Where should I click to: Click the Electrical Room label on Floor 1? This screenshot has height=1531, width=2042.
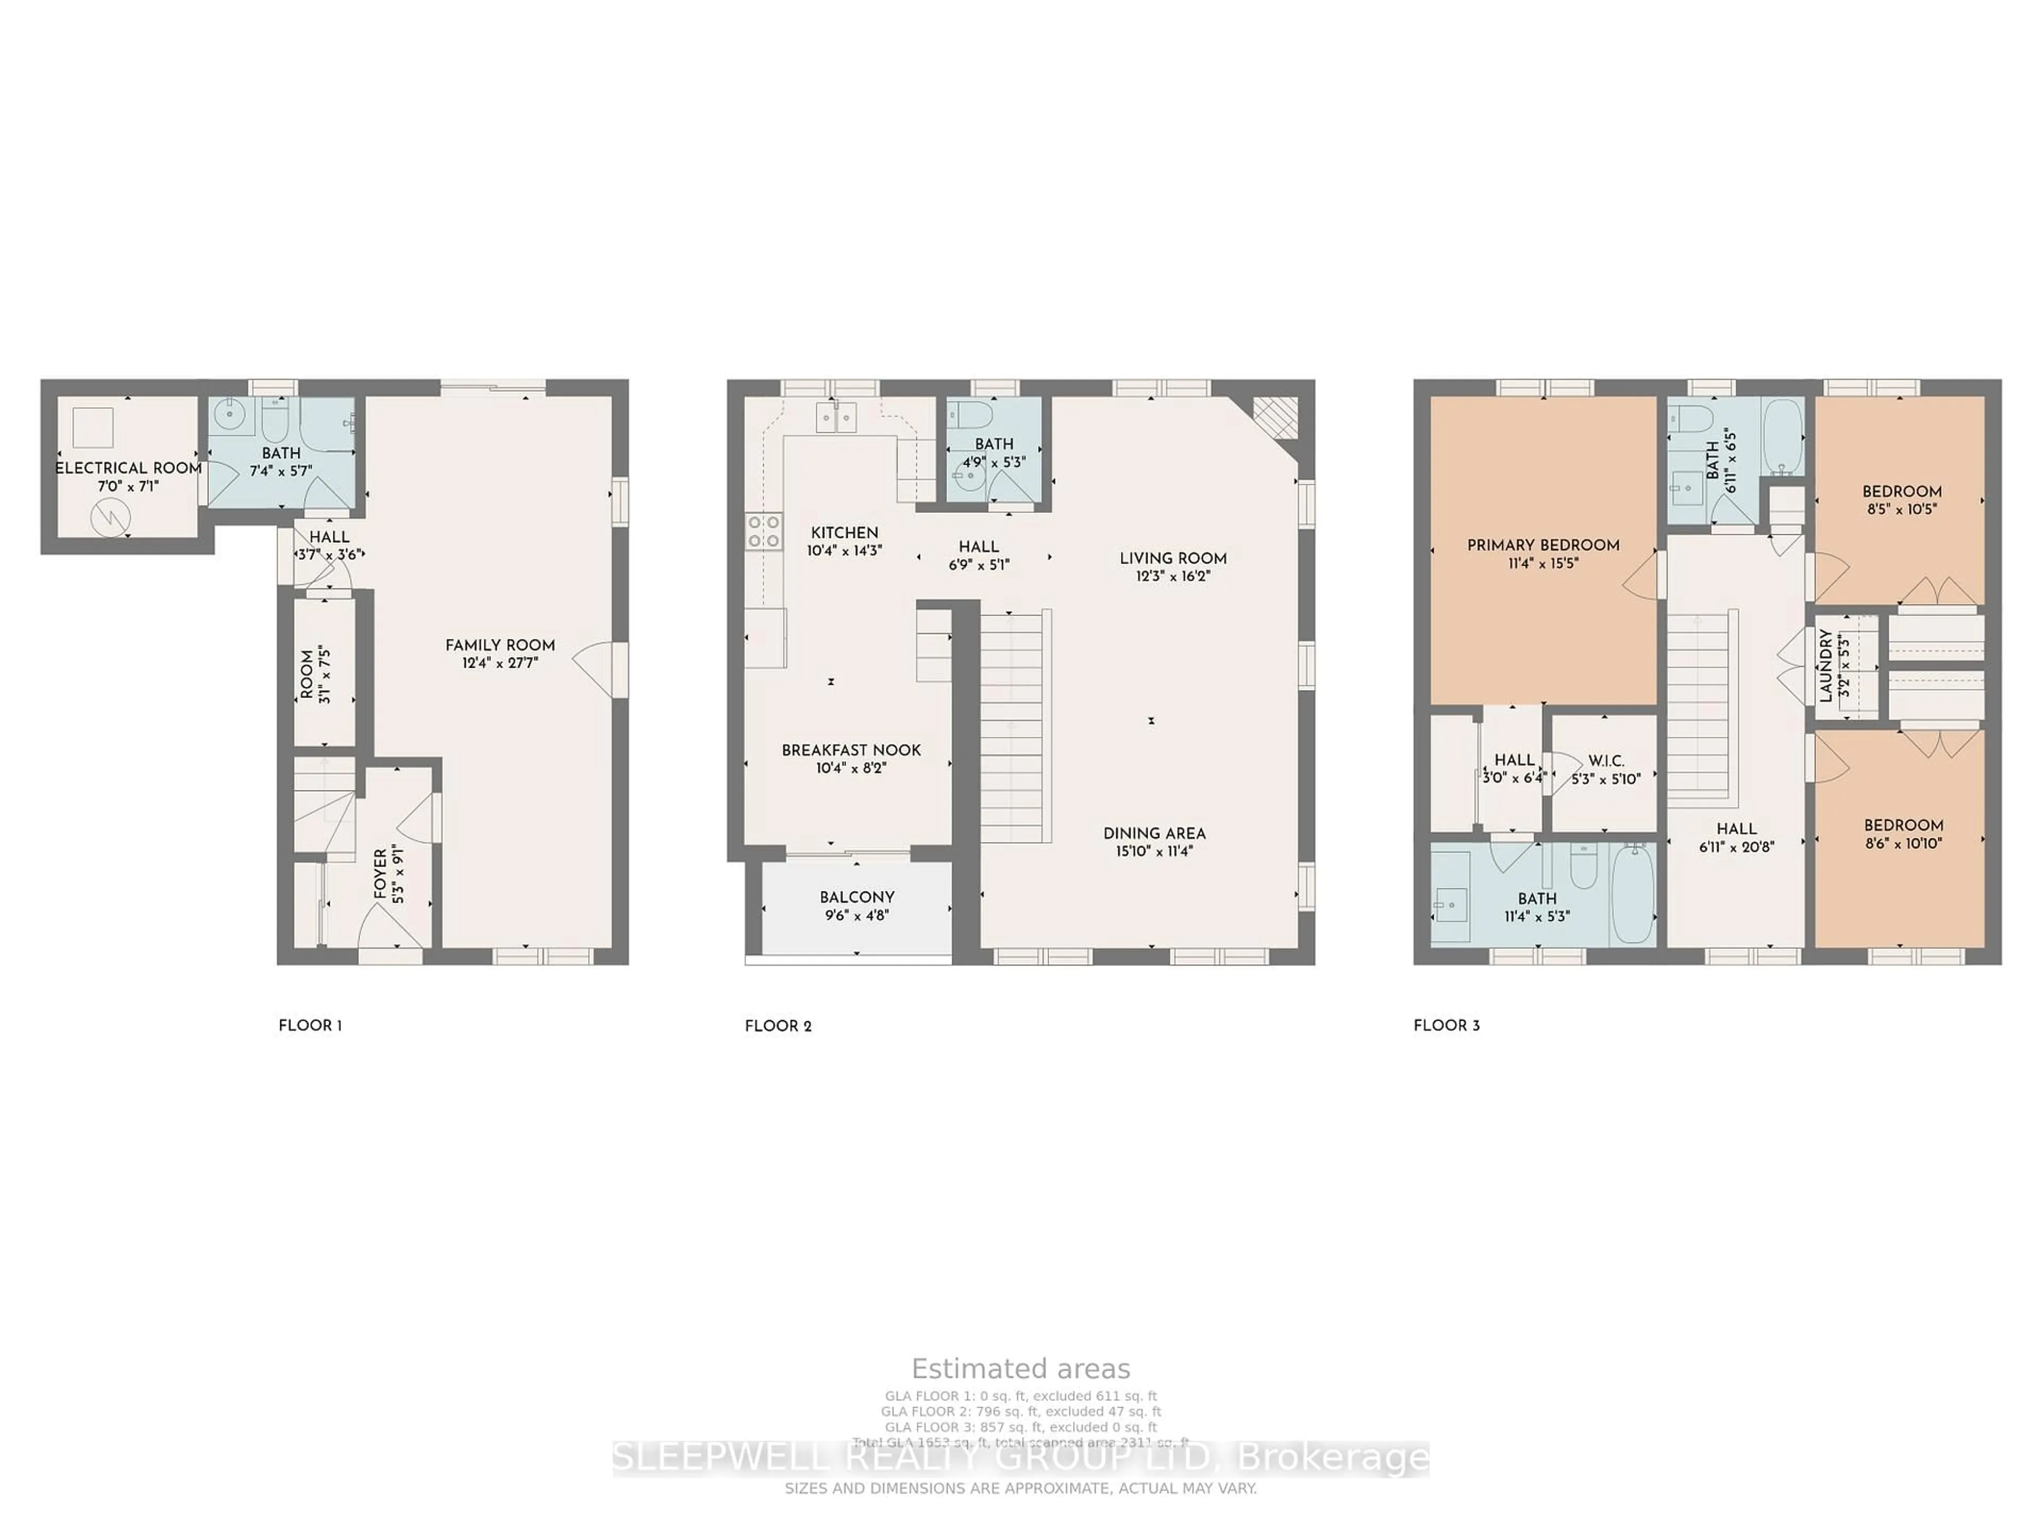coord(128,468)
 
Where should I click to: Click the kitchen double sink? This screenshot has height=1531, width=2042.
coord(836,417)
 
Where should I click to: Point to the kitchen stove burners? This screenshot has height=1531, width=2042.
coord(764,532)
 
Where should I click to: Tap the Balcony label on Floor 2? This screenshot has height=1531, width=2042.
coord(857,897)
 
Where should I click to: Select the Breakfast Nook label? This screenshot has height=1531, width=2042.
coord(851,750)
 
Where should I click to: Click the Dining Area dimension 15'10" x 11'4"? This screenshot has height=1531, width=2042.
coord(1154,851)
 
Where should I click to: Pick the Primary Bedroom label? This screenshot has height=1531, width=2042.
coord(1543,545)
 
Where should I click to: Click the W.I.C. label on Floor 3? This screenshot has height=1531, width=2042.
coord(1606,761)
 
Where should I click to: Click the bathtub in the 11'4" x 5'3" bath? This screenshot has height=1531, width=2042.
coord(1632,893)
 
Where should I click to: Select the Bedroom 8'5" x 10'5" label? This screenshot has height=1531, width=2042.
coord(1902,492)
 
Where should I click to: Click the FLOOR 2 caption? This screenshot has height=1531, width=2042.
coord(778,1026)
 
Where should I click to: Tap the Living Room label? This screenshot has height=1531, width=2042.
coord(1173,558)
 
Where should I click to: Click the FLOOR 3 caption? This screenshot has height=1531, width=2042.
coord(1446,1025)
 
